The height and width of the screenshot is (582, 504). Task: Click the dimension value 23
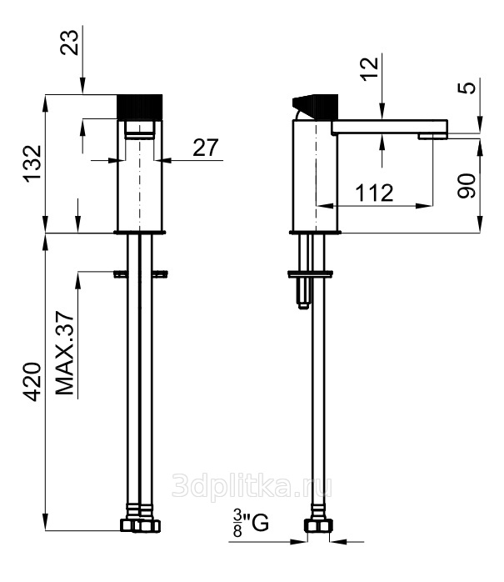click(70, 43)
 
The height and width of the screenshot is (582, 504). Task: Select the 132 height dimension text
click(32, 163)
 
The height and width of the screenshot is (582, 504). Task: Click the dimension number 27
click(206, 148)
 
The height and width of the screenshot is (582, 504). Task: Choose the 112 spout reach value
click(374, 193)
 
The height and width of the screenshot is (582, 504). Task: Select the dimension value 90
click(466, 186)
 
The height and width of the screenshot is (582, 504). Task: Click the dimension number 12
click(370, 68)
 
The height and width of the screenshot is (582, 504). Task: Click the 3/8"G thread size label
click(251, 524)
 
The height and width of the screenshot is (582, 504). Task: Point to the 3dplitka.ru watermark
click(252, 486)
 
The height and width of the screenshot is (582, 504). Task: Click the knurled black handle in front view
click(140, 107)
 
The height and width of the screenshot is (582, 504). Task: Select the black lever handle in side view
click(315, 107)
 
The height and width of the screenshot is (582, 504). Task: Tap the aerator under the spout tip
click(433, 137)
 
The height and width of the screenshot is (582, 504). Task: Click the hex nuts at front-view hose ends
click(141, 525)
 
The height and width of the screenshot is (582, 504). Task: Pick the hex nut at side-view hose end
click(318, 525)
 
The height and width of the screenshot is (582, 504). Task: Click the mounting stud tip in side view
click(304, 305)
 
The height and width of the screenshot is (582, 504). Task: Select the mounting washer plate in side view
click(310, 274)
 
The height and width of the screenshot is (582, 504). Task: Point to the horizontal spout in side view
click(389, 127)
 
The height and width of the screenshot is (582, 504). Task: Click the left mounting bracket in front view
click(121, 274)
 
